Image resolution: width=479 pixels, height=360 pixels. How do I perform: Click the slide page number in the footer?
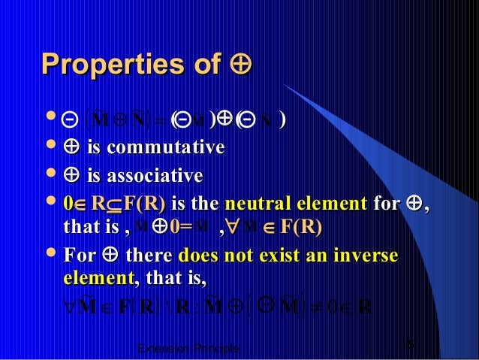tap(409, 344)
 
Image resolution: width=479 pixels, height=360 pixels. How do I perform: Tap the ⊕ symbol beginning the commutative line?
tap(74, 148)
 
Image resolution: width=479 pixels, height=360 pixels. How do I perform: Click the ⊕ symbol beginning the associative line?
tap(74, 177)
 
